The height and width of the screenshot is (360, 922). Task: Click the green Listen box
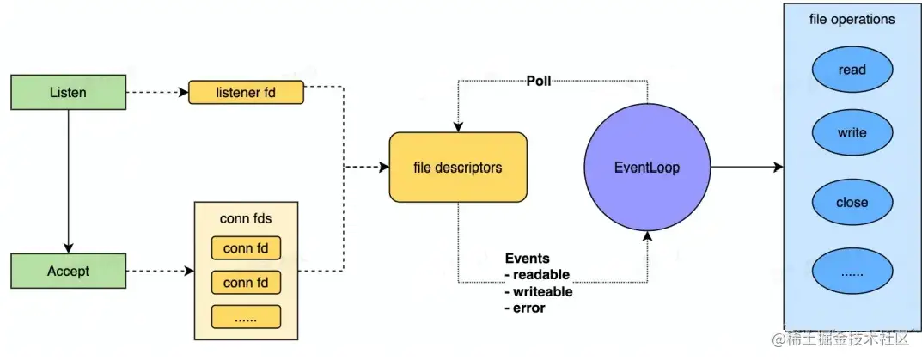[x=68, y=91]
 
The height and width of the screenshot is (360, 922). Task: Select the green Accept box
[x=68, y=271]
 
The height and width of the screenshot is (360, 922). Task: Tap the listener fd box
[x=246, y=92]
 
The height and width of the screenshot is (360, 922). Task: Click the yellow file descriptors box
[x=457, y=168]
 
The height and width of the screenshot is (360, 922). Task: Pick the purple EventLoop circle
[x=648, y=168]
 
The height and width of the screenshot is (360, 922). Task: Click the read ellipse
[x=852, y=70]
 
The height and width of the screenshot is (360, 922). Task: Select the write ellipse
[x=852, y=133]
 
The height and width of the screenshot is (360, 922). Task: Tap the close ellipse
[x=852, y=203]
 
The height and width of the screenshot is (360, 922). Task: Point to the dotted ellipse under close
[x=852, y=272]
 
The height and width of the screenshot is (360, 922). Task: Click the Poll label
[x=539, y=82]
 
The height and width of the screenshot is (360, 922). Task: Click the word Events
[x=527, y=258]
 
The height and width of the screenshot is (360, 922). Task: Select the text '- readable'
[x=537, y=275]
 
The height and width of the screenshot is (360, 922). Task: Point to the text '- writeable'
[x=539, y=291]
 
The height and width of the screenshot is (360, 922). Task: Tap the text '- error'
[x=525, y=308]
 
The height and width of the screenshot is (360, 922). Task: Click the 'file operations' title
[x=852, y=19]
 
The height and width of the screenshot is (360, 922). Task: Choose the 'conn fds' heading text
[x=247, y=218]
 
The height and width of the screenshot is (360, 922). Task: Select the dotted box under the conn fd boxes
[x=247, y=316]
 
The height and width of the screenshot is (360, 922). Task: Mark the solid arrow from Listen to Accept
[x=68, y=180]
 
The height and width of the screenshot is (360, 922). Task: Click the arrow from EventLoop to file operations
[x=746, y=168]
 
